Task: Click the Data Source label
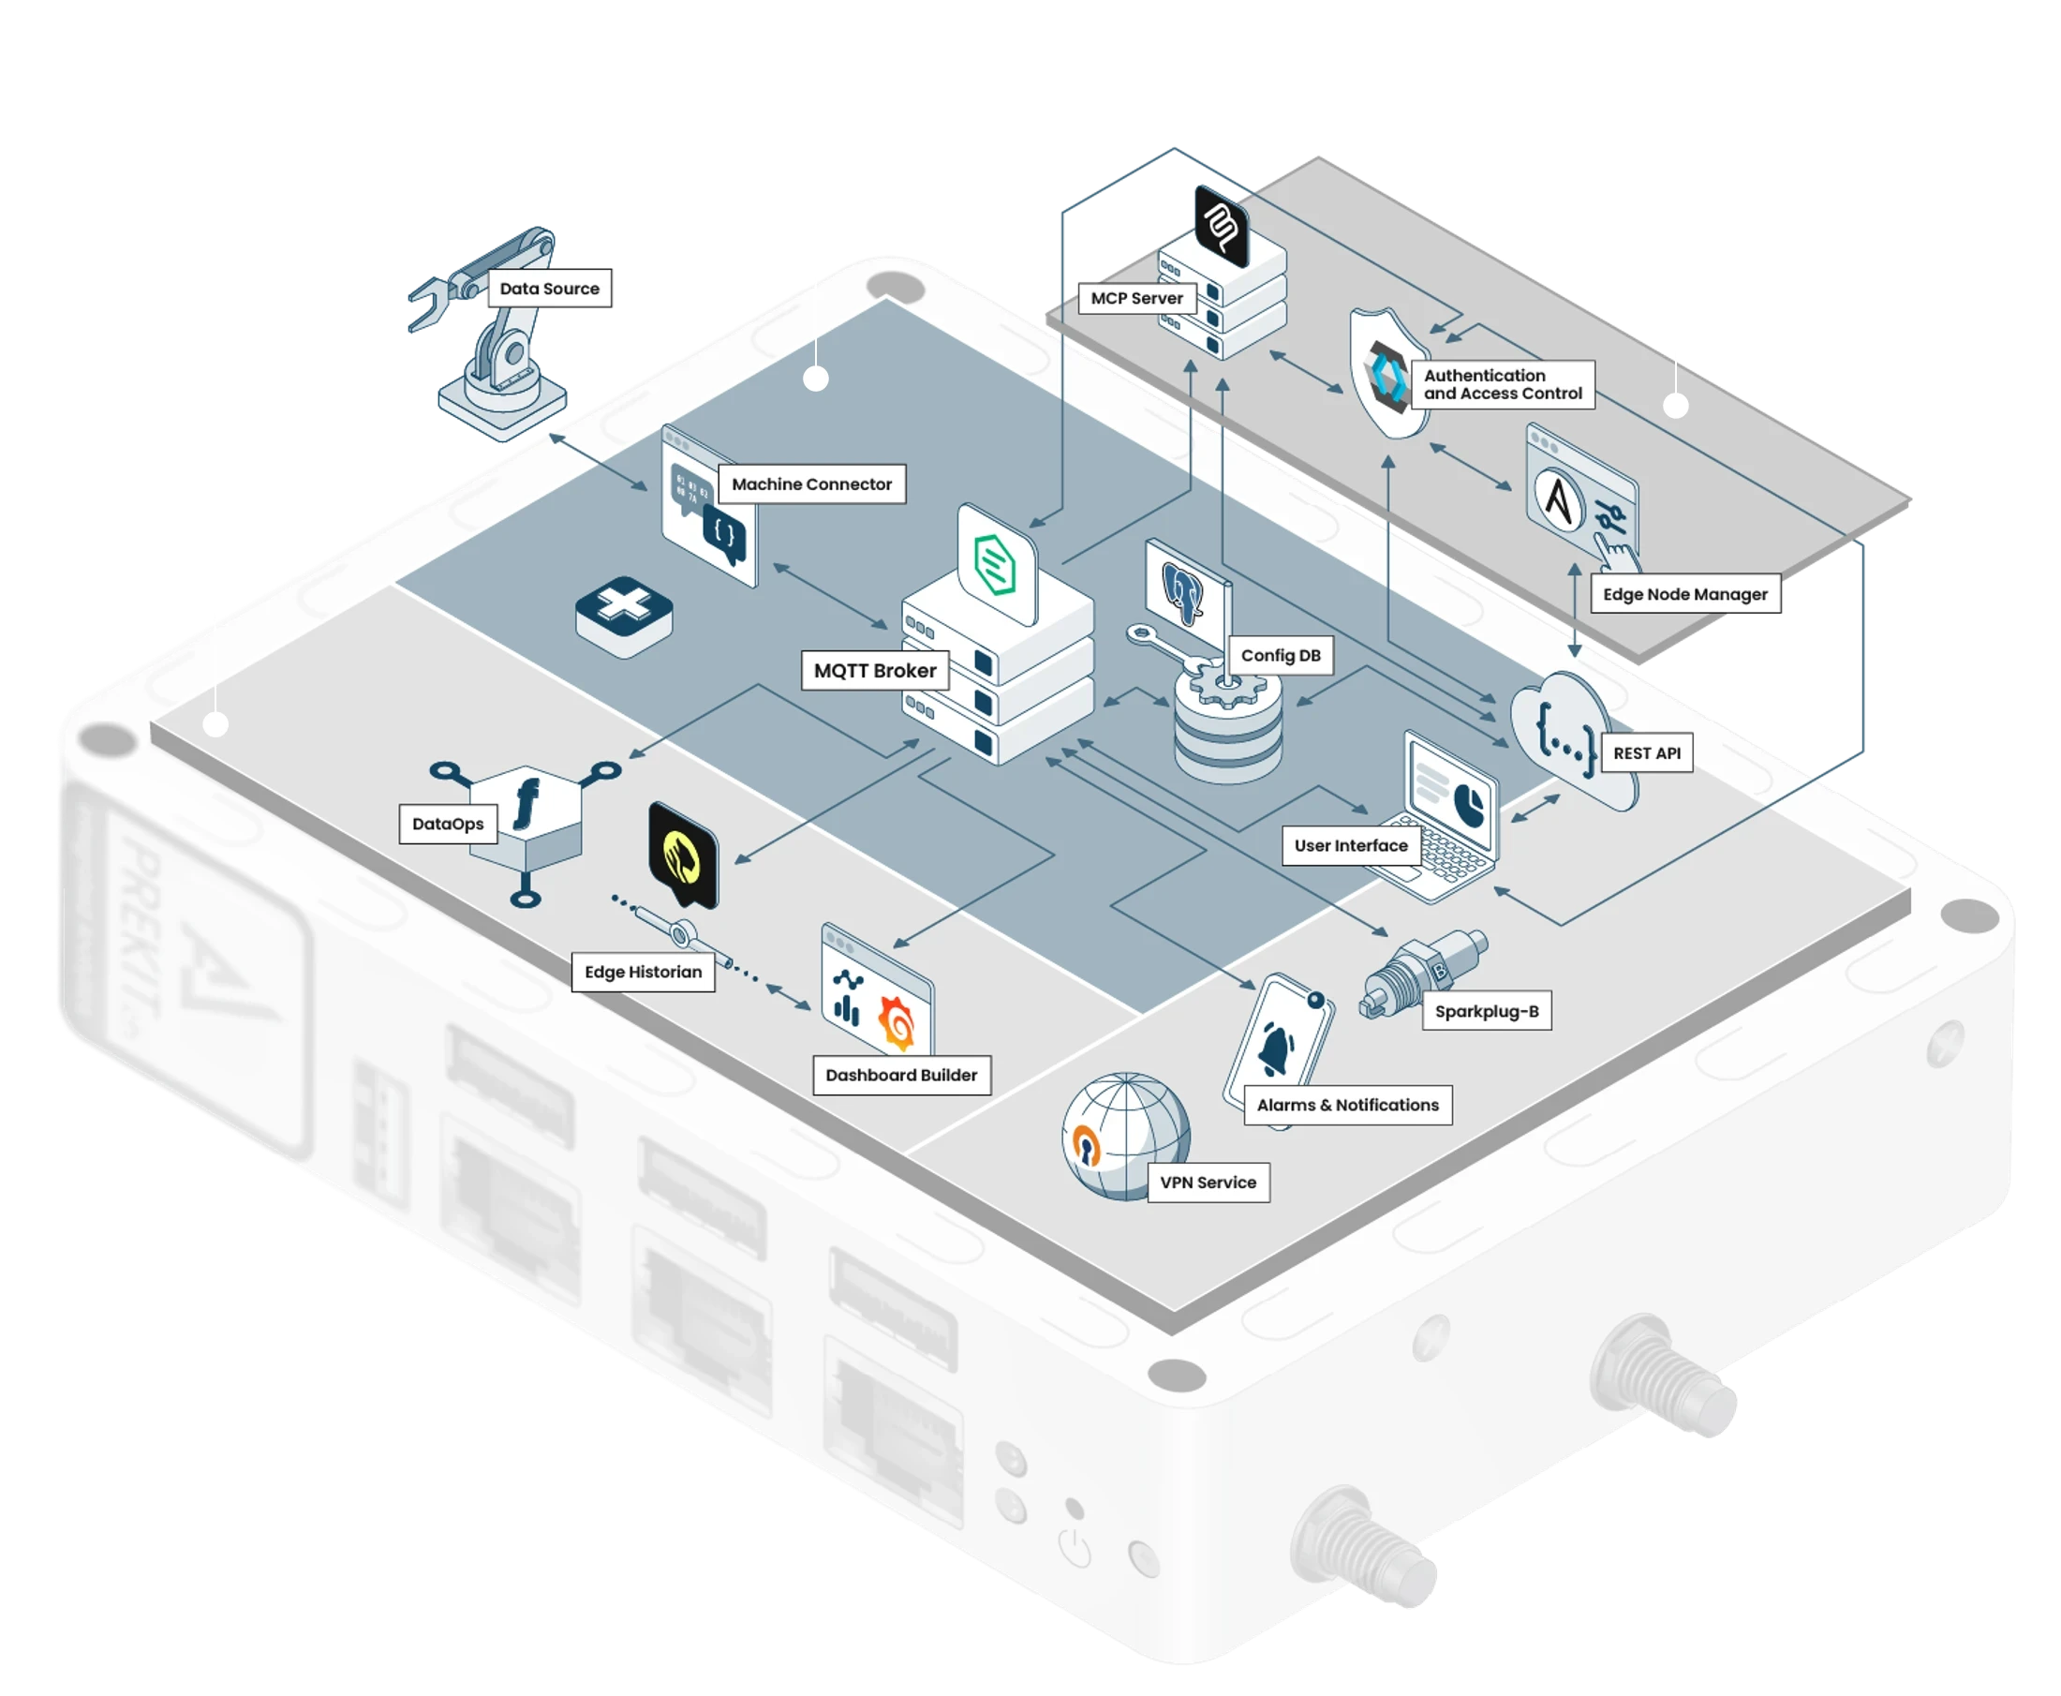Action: (549, 290)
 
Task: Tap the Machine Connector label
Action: (811, 484)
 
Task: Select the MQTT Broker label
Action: (875, 671)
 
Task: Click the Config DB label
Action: (1281, 656)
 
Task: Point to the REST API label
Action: (1647, 753)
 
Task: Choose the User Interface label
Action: (1351, 846)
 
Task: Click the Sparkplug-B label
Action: (1487, 1011)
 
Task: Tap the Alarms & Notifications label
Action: (1347, 1105)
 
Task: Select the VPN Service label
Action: (1208, 1183)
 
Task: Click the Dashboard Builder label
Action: (901, 1076)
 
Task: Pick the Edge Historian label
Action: (643, 972)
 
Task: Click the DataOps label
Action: (448, 824)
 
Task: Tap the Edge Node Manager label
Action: (1685, 594)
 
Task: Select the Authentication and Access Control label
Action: (1503, 385)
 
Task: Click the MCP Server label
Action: (1137, 298)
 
